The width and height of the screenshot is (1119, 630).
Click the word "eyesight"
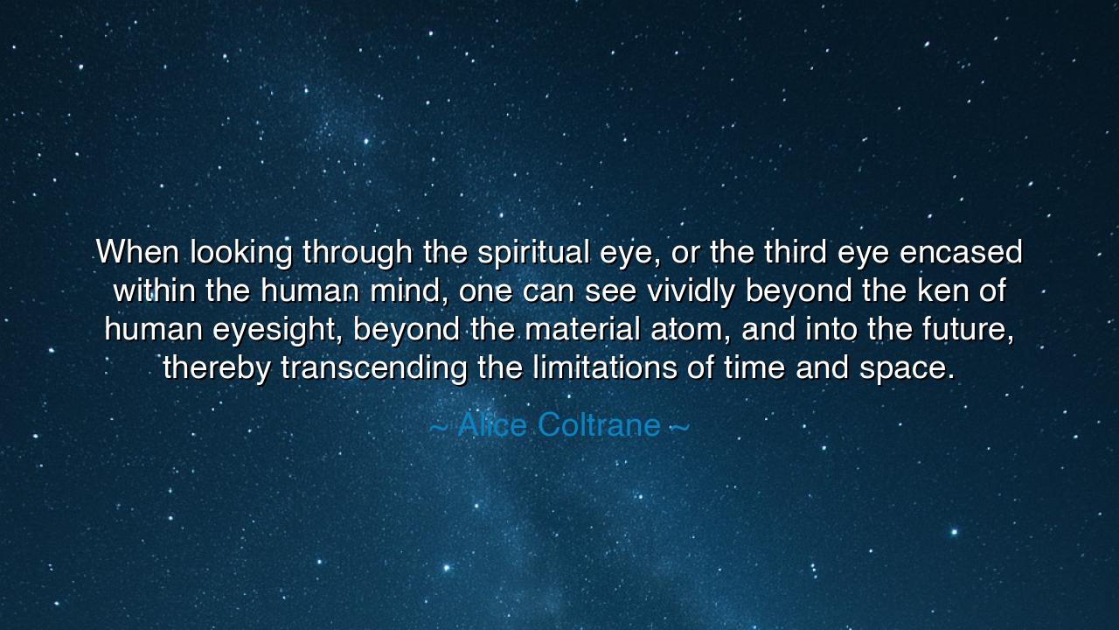point(275,330)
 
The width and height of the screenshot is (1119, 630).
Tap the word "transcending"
point(374,368)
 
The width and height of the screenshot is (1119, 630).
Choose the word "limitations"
point(605,368)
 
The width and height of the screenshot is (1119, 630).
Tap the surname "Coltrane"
point(599,425)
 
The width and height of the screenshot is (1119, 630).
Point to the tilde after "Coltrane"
point(679,426)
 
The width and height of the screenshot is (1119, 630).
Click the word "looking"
point(242,253)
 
